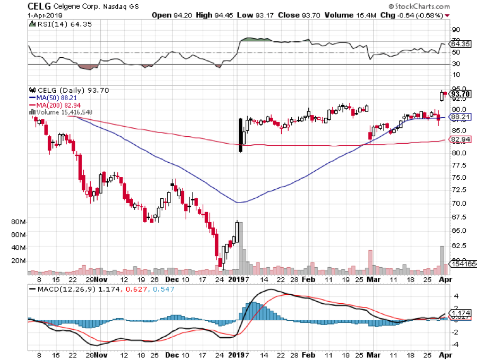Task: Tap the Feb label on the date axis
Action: click(308, 279)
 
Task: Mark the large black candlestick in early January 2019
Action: click(240, 135)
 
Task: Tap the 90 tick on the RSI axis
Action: click(455, 30)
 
